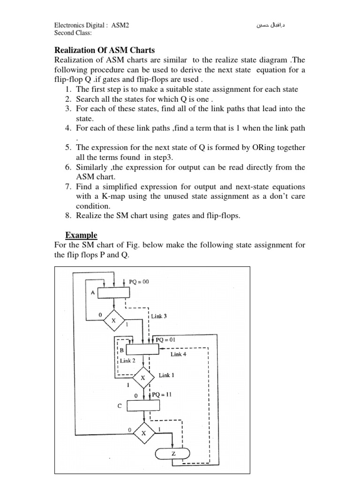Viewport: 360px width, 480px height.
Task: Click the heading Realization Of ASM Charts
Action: coord(105,50)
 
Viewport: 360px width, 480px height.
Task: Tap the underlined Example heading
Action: coord(81,235)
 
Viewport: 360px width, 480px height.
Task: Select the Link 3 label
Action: coord(159,316)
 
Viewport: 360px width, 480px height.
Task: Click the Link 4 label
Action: coord(179,355)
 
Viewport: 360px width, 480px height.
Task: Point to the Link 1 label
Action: coord(167,375)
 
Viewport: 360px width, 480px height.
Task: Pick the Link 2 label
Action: coord(127,361)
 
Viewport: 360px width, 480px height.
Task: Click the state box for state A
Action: coord(112,292)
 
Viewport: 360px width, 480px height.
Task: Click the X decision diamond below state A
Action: coord(113,321)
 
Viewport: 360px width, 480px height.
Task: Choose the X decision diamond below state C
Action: coord(144,434)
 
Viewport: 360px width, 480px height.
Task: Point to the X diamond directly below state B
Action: coord(143,377)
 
